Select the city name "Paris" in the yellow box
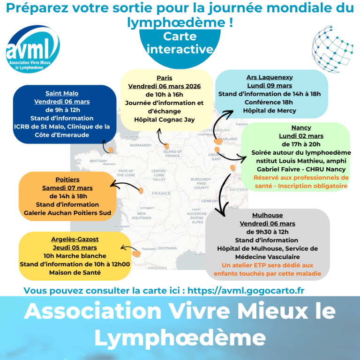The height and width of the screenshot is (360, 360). pyautogui.click(x=165, y=78)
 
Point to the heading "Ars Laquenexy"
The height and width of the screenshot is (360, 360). pyautogui.click(x=269, y=77)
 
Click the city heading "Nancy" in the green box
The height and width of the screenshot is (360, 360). pyautogui.click(x=301, y=127)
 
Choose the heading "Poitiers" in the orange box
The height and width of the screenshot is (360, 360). pyautogui.click(x=67, y=179)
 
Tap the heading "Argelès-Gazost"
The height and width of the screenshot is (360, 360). pyautogui.click(x=75, y=239)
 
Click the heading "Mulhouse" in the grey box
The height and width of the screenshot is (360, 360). pyautogui.click(x=267, y=215)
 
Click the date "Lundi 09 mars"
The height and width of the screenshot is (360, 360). pyautogui.click(x=269, y=86)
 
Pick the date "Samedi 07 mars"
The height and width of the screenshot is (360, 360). pyautogui.click(x=67, y=187)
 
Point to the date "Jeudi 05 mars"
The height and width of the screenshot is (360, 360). pyautogui.click(x=75, y=247)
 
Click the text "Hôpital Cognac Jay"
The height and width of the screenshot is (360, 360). pyautogui.click(x=165, y=120)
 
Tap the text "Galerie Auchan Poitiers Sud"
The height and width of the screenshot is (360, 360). pyautogui.click(x=67, y=213)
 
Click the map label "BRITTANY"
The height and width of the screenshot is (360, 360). pyautogui.click(x=98, y=160)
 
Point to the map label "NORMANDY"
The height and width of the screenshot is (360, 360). pyautogui.click(x=141, y=145)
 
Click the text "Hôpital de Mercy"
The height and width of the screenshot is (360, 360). pyautogui.click(x=269, y=111)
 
